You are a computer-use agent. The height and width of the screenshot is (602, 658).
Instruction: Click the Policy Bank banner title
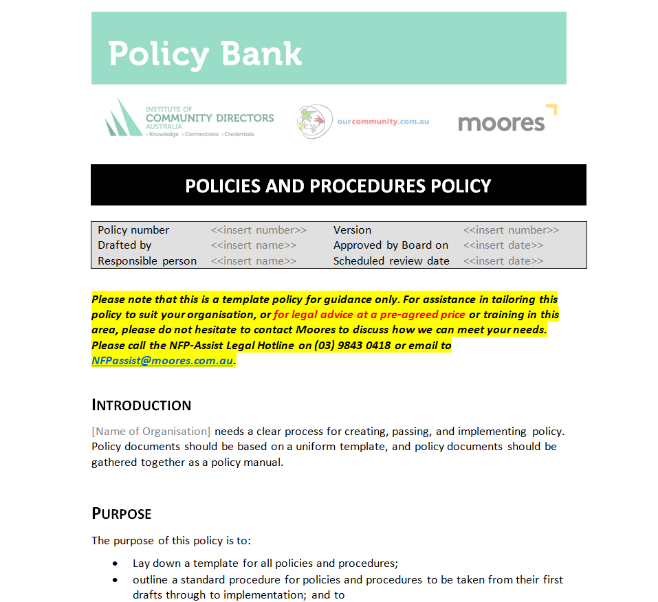pyautogui.click(x=205, y=54)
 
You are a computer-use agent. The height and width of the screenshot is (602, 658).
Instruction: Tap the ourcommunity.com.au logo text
pyautogui.click(x=382, y=122)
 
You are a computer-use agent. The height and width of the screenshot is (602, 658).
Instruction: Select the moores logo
pyautogui.click(x=507, y=121)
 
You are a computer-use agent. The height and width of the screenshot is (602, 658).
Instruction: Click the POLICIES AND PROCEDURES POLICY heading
pyautogui.click(x=338, y=186)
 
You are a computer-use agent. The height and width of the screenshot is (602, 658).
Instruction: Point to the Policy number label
pyautogui.click(x=133, y=230)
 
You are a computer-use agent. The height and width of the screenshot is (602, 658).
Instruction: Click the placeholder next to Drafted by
pyautogui.click(x=254, y=245)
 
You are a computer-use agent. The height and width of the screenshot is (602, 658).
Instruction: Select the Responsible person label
pyautogui.click(x=147, y=261)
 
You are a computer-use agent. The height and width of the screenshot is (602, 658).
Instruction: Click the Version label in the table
pyautogui.click(x=352, y=230)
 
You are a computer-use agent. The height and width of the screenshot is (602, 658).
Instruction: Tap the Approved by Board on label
pyautogui.click(x=391, y=245)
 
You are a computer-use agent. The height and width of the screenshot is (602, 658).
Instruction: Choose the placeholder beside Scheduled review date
pyautogui.click(x=503, y=261)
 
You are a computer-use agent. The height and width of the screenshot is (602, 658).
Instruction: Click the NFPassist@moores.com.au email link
pyautogui.click(x=162, y=361)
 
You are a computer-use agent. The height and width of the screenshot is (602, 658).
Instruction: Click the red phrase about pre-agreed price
pyautogui.click(x=369, y=315)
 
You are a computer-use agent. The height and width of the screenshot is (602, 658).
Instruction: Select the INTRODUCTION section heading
pyautogui.click(x=142, y=405)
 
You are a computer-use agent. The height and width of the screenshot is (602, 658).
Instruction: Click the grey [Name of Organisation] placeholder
pyautogui.click(x=151, y=432)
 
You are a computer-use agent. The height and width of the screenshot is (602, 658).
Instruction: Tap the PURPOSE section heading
pyautogui.click(x=122, y=514)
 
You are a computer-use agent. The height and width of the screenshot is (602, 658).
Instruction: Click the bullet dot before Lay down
pyautogui.click(x=116, y=564)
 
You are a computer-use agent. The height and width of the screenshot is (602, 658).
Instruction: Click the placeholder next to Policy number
pyautogui.click(x=259, y=230)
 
